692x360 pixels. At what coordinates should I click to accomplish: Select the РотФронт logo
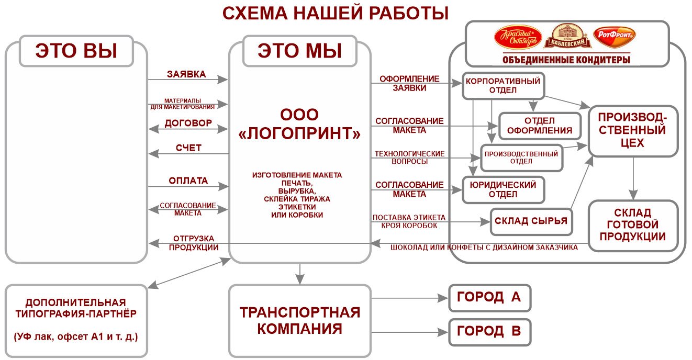tap(615, 37)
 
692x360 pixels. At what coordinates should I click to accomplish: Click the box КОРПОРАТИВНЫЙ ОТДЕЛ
tap(503, 86)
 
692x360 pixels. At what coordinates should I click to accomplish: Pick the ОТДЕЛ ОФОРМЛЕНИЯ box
tap(540, 126)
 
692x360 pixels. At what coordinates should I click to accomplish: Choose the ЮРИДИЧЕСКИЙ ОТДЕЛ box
tap(504, 190)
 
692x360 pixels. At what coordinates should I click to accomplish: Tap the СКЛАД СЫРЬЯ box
tap(531, 221)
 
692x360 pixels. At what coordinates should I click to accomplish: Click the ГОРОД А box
tap(489, 298)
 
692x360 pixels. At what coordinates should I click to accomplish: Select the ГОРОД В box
tap(489, 331)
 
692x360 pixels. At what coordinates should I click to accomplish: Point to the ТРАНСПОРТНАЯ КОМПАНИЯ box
tap(300, 321)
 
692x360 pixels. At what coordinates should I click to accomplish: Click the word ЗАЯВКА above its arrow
tap(186, 74)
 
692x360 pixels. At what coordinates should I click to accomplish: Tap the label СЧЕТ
tap(188, 148)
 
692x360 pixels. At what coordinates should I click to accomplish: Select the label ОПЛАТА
tap(188, 181)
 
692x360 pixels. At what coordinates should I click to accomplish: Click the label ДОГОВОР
tap(188, 123)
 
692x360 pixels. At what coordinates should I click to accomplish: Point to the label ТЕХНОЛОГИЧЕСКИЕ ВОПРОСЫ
tap(409, 157)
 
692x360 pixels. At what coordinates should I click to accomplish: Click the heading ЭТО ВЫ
tap(76, 51)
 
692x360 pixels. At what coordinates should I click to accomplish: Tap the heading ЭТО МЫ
tap(300, 51)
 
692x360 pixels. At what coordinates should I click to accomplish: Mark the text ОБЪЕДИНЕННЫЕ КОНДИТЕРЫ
tap(566, 60)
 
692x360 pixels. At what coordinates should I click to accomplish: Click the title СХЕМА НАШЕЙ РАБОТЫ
tap(336, 13)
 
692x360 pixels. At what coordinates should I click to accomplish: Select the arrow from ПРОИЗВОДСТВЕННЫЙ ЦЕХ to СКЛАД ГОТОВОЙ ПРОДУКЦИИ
tap(633, 176)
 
